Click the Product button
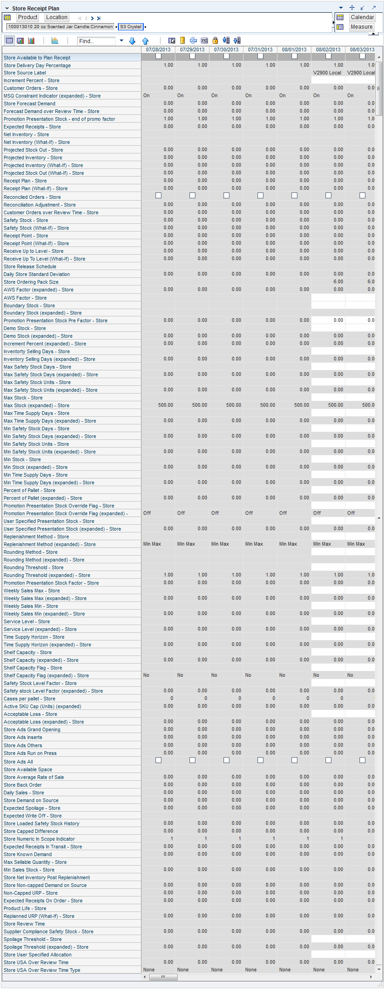click(28, 17)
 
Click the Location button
click(57, 17)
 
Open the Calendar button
click(362, 17)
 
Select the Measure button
click(361, 27)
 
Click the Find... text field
click(97, 41)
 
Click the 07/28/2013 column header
click(158, 49)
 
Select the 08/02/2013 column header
click(328, 49)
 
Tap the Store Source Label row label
click(25, 73)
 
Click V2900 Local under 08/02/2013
click(327, 73)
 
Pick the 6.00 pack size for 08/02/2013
click(338, 281)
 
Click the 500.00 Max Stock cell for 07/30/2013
click(233, 405)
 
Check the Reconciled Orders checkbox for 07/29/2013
click(192, 196)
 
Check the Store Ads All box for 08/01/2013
click(294, 760)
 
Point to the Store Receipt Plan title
click(35, 8)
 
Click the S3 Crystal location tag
click(131, 27)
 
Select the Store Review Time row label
click(24, 924)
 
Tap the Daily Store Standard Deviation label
click(37, 274)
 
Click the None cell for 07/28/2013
click(149, 970)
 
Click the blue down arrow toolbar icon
click(132, 41)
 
